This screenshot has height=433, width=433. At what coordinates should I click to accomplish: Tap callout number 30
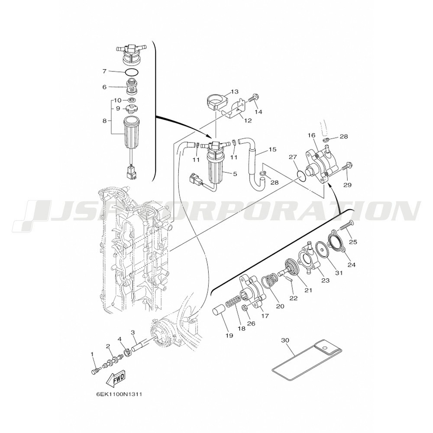285,340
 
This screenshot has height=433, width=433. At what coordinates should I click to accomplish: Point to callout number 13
234,91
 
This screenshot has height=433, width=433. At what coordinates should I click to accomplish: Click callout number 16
311,135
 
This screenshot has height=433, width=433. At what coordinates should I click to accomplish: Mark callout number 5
235,174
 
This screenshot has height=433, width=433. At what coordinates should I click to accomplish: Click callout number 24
351,265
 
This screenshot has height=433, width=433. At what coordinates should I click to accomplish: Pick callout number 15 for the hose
272,149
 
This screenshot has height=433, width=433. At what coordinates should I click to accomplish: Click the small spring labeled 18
233,301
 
